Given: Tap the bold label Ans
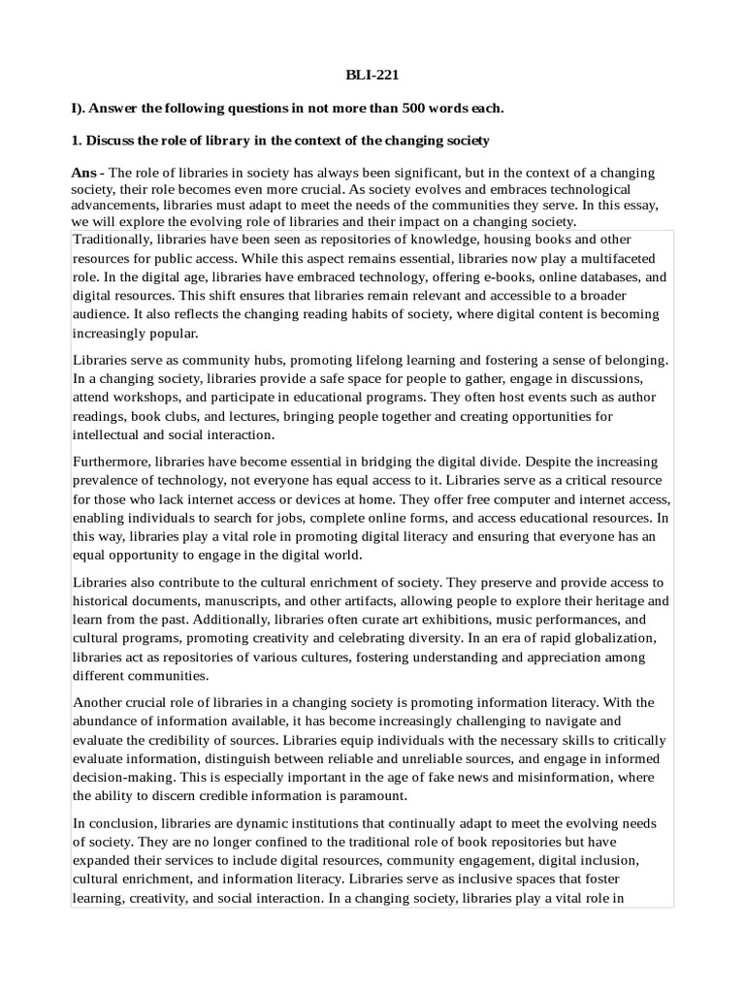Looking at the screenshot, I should [87, 173].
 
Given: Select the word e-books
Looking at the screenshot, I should [482, 276].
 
